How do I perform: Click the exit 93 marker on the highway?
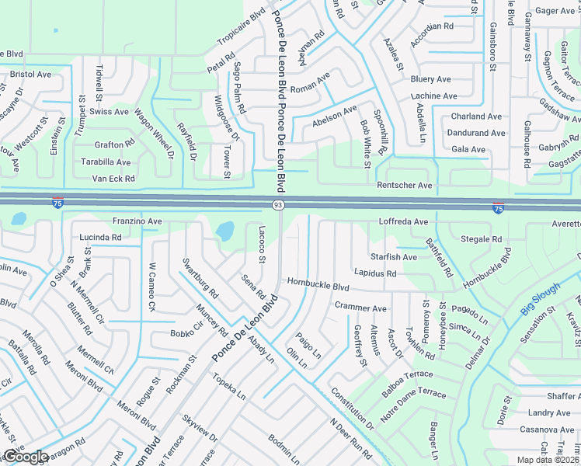[x=277, y=204]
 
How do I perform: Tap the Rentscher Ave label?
[x=404, y=186]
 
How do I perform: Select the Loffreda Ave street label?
[x=403, y=221]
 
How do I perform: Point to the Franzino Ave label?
[x=137, y=221]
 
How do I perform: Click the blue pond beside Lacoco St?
[x=224, y=231]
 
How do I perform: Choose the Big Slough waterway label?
[x=540, y=297]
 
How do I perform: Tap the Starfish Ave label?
[x=394, y=257]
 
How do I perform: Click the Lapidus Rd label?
[x=375, y=273]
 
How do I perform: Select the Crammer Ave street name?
[x=360, y=308]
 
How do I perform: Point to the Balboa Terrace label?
[x=407, y=384]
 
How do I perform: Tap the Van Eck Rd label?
[x=113, y=179]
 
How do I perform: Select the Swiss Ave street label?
[x=110, y=112]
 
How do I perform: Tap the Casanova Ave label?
[x=546, y=429]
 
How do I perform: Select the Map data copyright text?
[x=547, y=460]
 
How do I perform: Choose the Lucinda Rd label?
[x=101, y=237]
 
